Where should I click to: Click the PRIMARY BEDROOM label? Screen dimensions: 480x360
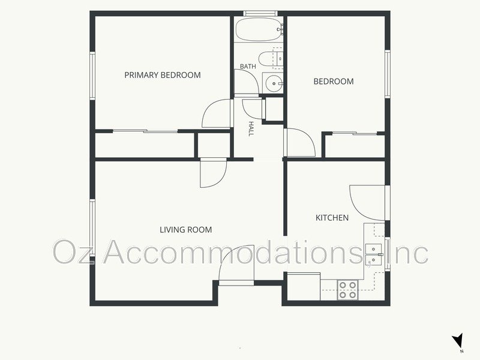(163, 75)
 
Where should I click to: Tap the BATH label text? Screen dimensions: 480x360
(248, 66)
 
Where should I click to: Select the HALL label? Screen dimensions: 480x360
(251, 128)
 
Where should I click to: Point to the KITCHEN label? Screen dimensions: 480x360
(332, 218)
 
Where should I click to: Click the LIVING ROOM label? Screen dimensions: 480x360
(186, 230)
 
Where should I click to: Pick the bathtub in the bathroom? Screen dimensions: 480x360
(259, 29)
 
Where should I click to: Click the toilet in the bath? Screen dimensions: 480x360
(271, 58)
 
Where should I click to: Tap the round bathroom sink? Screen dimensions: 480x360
(274, 83)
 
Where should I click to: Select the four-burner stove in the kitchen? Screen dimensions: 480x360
(348, 290)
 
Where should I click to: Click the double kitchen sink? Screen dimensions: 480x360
(373, 254)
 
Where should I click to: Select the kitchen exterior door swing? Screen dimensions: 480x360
(367, 203)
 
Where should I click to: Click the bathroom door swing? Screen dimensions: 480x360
(247, 82)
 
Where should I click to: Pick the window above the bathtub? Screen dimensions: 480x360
(260, 13)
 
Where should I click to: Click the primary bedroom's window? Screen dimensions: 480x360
(92, 76)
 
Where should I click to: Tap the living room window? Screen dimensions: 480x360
(92, 228)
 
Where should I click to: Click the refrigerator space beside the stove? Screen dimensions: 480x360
(304, 287)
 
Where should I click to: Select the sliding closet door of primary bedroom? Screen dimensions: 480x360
(145, 131)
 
